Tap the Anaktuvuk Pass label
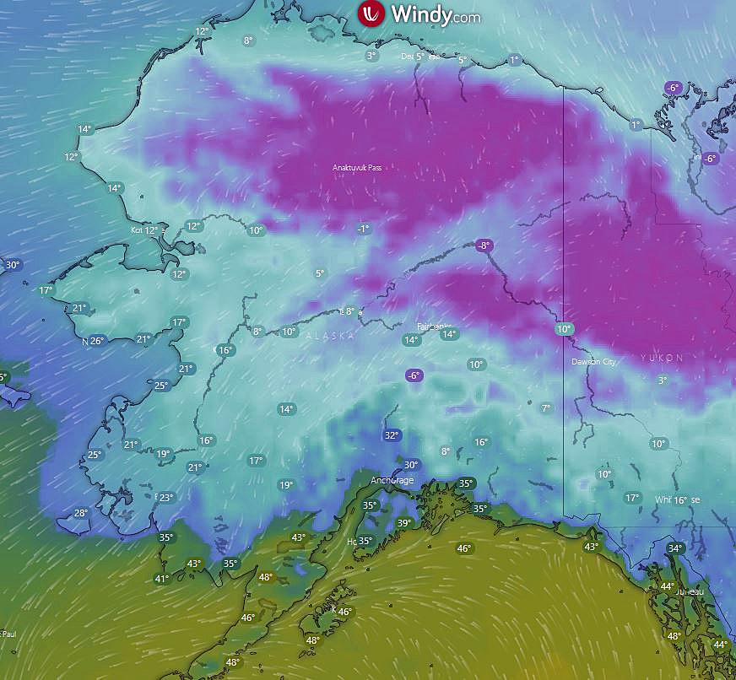point(356,168)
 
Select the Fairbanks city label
point(435,326)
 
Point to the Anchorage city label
point(392,481)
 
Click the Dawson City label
point(593,362)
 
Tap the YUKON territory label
point(662,358)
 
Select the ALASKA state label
point(330,336)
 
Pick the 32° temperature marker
point(391,435)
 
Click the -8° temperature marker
point(483,246)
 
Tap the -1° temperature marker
point(363,229)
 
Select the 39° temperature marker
point(404,523)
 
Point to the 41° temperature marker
point(161,579)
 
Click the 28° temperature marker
point(80,513)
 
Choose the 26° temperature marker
point(96,341)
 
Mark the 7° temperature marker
point(545,408)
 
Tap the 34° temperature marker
point(675,548)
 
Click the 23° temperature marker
point(165,498)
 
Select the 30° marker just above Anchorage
point(410,465)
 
